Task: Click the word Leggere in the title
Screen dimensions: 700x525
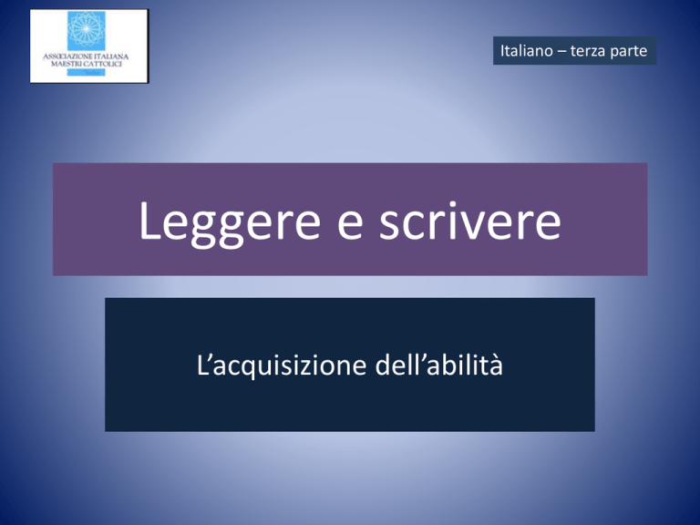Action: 230,222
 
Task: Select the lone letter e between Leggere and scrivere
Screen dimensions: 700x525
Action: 350,224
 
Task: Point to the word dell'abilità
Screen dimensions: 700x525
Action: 438,365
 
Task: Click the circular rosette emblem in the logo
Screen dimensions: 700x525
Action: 87,29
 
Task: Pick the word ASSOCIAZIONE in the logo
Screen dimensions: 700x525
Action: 67,57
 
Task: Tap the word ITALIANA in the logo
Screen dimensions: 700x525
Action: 111,57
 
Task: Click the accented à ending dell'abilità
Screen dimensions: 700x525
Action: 497,365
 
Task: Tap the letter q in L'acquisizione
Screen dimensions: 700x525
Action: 241,368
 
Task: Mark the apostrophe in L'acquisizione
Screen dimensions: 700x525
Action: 208,357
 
